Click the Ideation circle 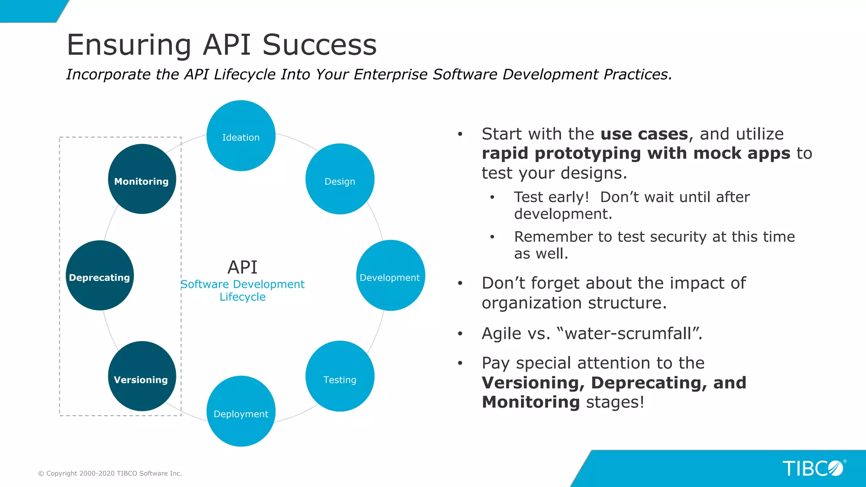[241, 136]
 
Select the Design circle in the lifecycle [340, 179]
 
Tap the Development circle [390, 276]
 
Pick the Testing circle [340, 376]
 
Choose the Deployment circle [241, 411]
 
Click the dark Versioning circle [142, 376]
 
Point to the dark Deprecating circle [100, 276]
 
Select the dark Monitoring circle [142, 179]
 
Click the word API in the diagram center [242, 267]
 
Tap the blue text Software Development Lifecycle [242, 290]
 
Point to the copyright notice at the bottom [110, 473]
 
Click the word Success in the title [319, 45]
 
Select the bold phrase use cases [644, 134]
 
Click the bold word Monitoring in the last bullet [531, 402]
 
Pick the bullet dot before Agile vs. [460, 334]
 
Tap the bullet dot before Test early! [492, 197]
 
